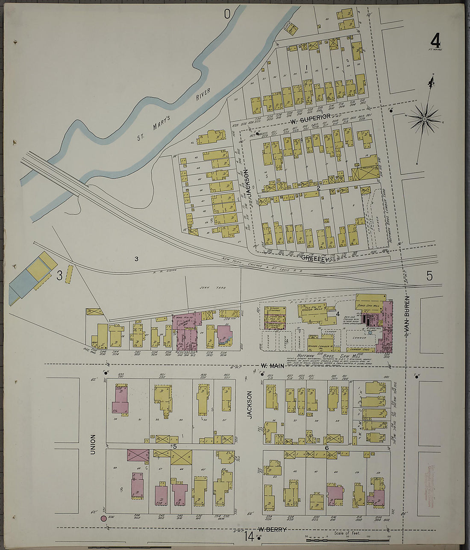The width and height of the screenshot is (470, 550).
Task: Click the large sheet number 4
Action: tap(435, 42)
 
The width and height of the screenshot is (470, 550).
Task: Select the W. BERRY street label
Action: tap(272, 530)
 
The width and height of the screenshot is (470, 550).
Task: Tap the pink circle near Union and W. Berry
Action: tap(103, 519)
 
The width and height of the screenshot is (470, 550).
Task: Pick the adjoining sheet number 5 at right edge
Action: tap(429, 276)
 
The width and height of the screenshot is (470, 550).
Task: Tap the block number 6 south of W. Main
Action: tap(326, 447)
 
